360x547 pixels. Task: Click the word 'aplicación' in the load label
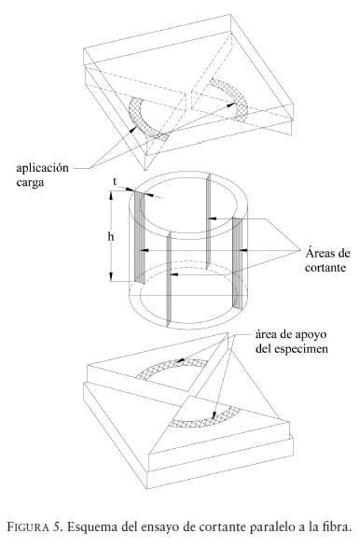point(43,169)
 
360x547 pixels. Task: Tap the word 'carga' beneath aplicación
point(31,183)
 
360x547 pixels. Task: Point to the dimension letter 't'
point(115,182)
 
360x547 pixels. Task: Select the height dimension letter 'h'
point(111,237)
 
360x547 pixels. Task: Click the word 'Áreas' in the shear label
point(319,252)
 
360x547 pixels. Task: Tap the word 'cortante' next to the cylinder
point(325,268)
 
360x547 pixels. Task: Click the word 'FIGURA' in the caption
point(28,526)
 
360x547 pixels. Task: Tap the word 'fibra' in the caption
point(338,526)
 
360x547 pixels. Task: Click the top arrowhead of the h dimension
point(111,195)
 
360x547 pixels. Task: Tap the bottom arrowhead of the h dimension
point(111,277)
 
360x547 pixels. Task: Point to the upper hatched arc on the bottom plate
point(171,366)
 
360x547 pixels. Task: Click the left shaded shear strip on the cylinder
point(139,237)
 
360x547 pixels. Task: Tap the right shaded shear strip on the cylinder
point(237,263)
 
